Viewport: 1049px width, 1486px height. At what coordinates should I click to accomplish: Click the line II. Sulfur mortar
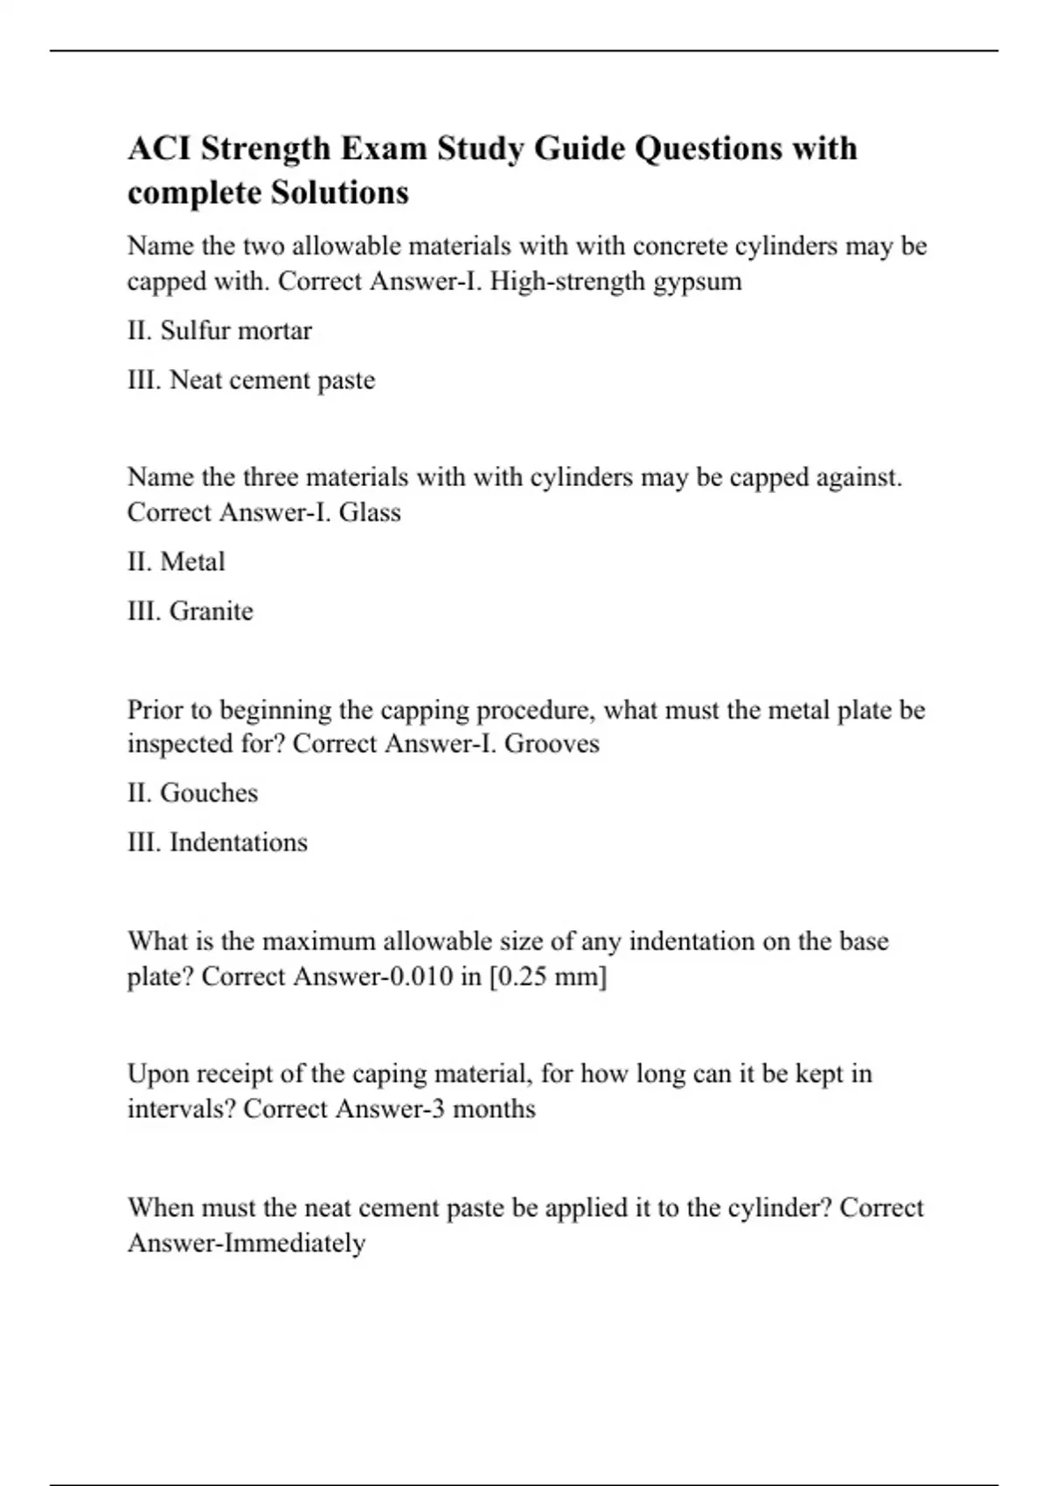point(219,330)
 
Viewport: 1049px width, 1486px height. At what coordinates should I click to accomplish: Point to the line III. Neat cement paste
point(251,380)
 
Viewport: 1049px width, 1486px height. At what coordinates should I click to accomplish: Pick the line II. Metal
point(176,561)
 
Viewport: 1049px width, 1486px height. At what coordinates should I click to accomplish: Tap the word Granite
point(211,611)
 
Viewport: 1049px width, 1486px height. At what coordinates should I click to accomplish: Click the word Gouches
point(209,793)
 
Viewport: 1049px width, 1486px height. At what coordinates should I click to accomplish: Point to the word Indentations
point(238,843)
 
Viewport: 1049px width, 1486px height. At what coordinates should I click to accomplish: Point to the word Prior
point(154,710)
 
